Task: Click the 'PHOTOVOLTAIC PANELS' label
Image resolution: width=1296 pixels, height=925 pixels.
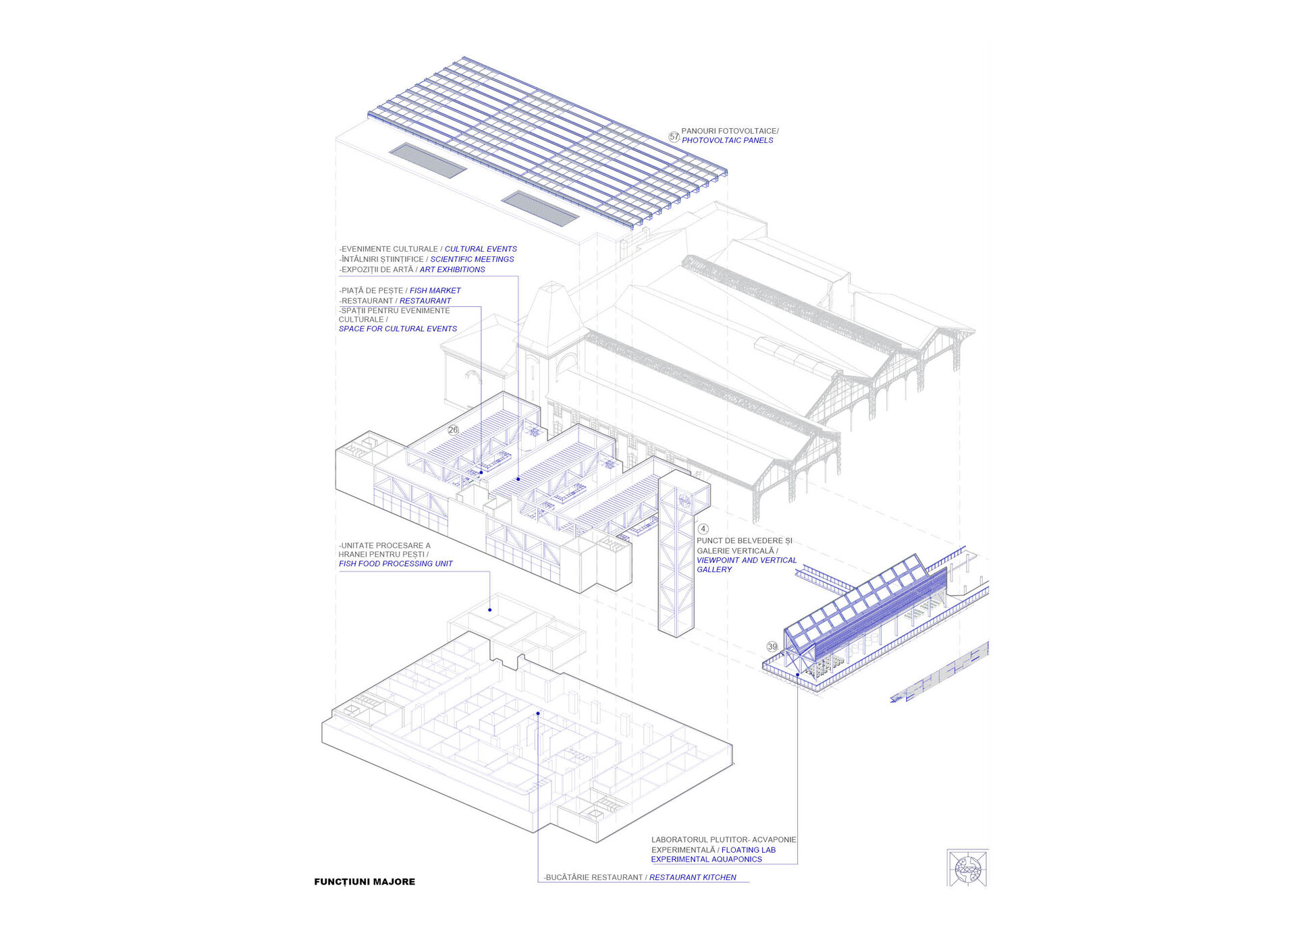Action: (x=727, y=140)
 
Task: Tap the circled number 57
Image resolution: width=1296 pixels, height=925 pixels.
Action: (x=674, y=137)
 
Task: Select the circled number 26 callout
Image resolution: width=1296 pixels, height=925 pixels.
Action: (x=453, y=430)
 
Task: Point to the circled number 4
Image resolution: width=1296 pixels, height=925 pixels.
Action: (x=703, y=529)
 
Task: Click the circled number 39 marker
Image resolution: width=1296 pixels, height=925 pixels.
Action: (x=772, y=646)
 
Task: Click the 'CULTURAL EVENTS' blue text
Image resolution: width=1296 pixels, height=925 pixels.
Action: (x=481, y=249)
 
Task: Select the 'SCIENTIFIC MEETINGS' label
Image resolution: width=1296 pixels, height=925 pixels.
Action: (x=472, y=259)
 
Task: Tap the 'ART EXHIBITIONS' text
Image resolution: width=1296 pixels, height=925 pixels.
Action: (x=452, y=269)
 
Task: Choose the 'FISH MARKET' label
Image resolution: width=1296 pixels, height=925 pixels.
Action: (x=435, y=291)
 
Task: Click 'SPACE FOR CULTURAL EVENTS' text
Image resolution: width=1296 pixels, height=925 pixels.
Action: (x=398, y=329)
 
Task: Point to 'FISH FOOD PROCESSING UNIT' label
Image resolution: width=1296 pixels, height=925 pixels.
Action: (x=396, y=564)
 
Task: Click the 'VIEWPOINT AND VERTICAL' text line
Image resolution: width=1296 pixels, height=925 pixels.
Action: (x=747, y=560)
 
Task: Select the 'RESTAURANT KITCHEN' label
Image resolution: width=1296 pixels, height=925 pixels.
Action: (x=693, y=877)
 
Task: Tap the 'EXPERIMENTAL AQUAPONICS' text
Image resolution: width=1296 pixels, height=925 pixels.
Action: (x=706, y=860)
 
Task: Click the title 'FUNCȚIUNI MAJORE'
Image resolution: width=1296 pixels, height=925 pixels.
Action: (x=364, y=882)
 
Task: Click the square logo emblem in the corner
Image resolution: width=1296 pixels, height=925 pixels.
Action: (x=967, y=868)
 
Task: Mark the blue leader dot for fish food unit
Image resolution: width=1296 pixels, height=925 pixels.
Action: (x=490, y=610)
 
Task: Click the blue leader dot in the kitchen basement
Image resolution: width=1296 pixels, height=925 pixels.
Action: (x=538, y=713)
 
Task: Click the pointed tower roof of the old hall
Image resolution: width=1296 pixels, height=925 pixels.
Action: (x=553, y=310)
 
